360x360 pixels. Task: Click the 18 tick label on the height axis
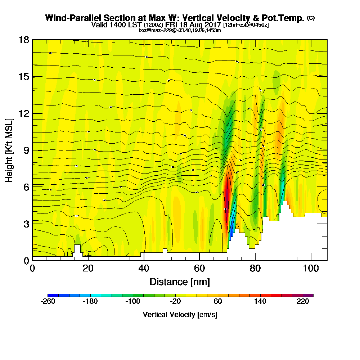23,40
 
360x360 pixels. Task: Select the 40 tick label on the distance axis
144,269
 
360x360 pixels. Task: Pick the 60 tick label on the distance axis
200,269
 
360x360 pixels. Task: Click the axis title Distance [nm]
180,282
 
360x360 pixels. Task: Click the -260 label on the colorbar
48,302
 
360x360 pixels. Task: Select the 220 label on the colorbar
303,302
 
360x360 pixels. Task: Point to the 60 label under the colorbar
218,302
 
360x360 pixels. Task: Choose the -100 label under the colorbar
132,302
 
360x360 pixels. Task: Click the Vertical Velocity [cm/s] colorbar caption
180,315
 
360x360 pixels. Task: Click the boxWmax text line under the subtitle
180,30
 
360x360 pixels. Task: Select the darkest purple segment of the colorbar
310,295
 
